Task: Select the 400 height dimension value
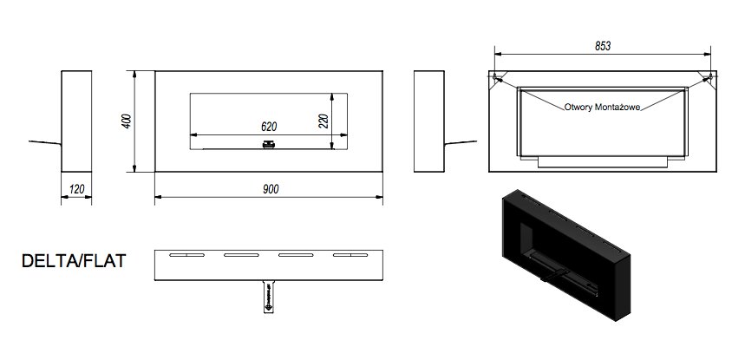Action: coord(127,121)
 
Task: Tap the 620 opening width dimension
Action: coord(269,125)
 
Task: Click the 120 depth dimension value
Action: coord(77,189)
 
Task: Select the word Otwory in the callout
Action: coord(582,108)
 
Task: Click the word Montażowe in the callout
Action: coord(629,108)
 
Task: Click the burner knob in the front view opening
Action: coord(270,144)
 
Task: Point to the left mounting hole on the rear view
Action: coord(499,79)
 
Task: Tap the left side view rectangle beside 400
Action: coord(76,121)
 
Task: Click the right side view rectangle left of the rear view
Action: coord(428,121)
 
